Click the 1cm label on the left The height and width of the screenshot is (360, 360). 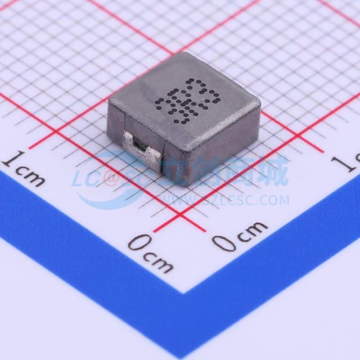(x=24, y=168)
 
